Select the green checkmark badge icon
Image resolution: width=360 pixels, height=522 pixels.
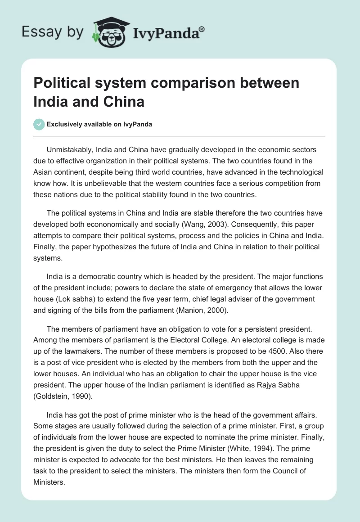[x=39, y=124]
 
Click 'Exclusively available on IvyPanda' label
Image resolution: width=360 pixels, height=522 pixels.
[x=99, y=125]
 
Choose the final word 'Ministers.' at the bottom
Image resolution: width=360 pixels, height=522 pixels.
[x=49, y=481]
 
